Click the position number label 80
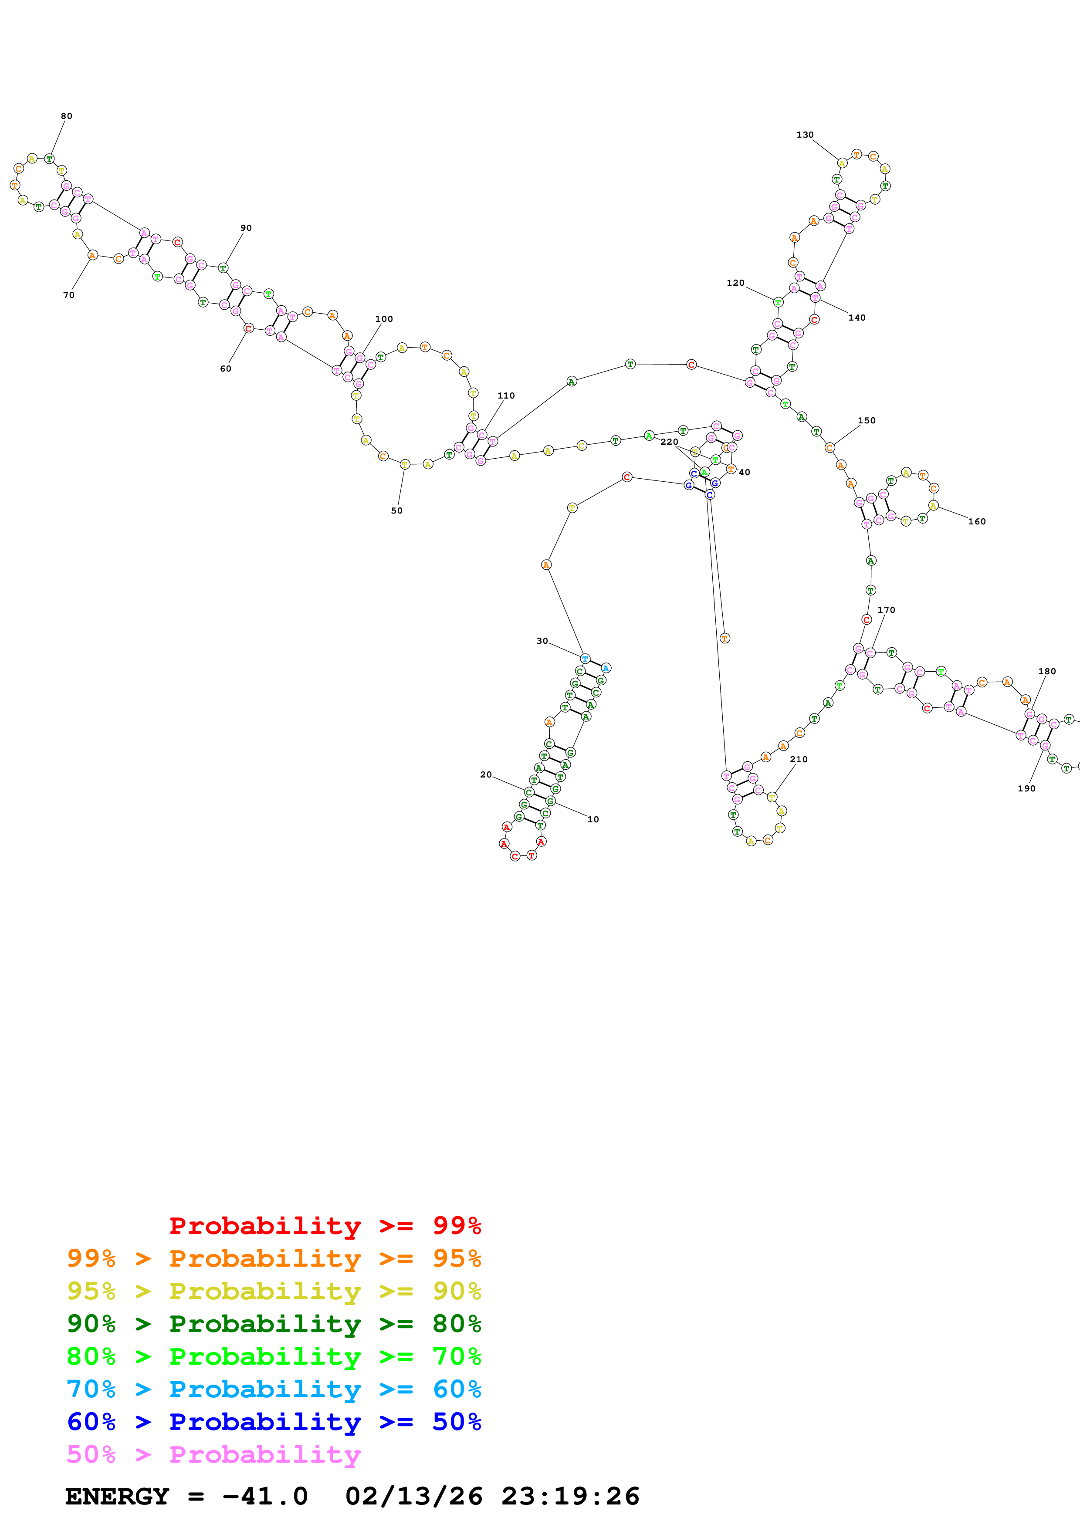click(67, 116)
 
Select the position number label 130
click(805, 135)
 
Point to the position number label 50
click(396, 511)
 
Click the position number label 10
click(593, 820)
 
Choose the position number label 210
click(799, 759)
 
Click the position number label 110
click(506, 396)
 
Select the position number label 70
click(68, 295)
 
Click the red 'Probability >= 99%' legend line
click(325, 1226)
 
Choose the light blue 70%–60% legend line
click(274, 1389)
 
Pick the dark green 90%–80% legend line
click(274, 1324)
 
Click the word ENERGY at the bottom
click(117, 1496)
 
